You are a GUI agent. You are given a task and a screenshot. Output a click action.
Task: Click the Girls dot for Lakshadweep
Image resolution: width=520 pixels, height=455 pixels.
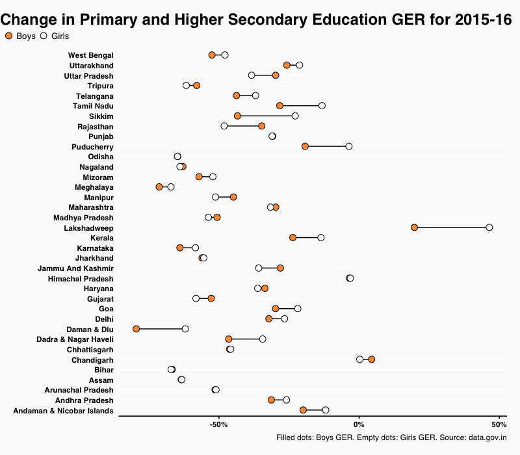(489, 227)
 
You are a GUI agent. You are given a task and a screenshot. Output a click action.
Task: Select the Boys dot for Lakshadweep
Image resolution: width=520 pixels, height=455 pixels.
(414, 227)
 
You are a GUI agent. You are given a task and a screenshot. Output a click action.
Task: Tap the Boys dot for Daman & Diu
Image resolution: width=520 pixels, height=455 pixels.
(136, 329)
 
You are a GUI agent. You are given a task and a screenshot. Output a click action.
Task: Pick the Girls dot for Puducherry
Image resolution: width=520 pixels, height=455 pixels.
(349, 146)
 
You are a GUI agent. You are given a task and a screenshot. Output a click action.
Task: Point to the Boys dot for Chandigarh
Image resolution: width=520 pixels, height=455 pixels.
(371, 359)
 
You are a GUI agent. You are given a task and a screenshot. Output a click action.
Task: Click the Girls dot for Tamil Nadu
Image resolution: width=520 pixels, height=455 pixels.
(322, 106)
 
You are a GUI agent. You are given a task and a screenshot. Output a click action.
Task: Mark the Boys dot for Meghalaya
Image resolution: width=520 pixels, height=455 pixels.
(159, 187)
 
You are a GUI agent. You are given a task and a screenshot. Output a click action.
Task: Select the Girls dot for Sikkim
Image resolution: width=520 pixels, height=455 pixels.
(295, 116)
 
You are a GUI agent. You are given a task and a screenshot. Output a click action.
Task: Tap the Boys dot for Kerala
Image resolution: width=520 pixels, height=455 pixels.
(292, 238)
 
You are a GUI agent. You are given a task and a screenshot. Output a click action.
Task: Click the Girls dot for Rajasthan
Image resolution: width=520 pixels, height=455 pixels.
(224, 126)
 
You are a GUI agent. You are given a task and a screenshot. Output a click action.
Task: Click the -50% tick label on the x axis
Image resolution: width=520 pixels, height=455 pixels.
(219, 424)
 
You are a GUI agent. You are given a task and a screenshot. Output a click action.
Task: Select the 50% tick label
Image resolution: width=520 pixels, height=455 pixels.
(499, 424)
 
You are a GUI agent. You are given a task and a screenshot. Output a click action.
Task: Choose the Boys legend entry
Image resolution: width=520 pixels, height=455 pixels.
(20, 36)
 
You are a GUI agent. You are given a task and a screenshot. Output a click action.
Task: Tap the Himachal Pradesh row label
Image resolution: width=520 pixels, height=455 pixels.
(81, 278)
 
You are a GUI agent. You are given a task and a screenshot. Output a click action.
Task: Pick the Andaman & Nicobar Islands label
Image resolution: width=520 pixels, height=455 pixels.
(63, 411)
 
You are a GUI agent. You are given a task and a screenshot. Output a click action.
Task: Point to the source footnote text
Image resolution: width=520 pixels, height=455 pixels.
(391, 437)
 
